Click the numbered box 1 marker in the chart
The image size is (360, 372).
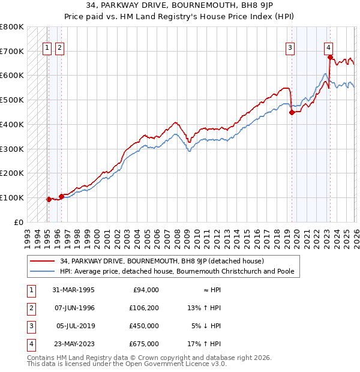click(x=47, y=49)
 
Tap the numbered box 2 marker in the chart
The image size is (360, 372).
click(x=59, y=49)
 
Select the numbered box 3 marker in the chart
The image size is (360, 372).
click(x=290, y=49)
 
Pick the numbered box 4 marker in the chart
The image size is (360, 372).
click(x=329, y=49)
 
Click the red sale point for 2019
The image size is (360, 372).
click(x=292, y=112)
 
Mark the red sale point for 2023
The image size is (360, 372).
click(x=330, y=57)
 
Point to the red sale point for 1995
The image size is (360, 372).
click(x=49, y=199)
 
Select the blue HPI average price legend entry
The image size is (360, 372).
click(x=176, y=271)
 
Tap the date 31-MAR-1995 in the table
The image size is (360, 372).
click(x=74, y=290)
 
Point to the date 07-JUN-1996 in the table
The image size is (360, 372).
click(x=74, y=308)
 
